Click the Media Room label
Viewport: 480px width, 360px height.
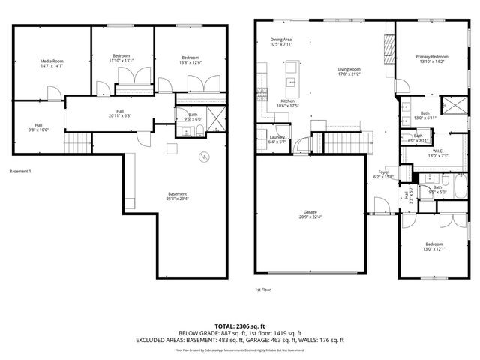[x=52, y=61]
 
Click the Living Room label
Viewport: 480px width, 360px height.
[x=349, y=69]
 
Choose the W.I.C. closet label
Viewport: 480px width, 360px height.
[x=436, y=151]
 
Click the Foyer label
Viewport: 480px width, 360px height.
[x=383, y=172]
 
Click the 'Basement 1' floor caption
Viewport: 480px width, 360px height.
[x=20, y=172]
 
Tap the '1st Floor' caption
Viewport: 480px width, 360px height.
[x=262, y=288]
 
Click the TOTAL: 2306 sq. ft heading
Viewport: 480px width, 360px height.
[x=239, y=326]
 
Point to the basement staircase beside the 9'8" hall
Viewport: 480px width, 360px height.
[x=78, y=142]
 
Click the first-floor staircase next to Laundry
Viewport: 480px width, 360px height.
[x=346, y=140]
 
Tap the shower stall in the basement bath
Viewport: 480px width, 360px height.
[x=214, y=115]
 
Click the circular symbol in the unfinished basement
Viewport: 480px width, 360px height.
[x=201, y=157]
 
